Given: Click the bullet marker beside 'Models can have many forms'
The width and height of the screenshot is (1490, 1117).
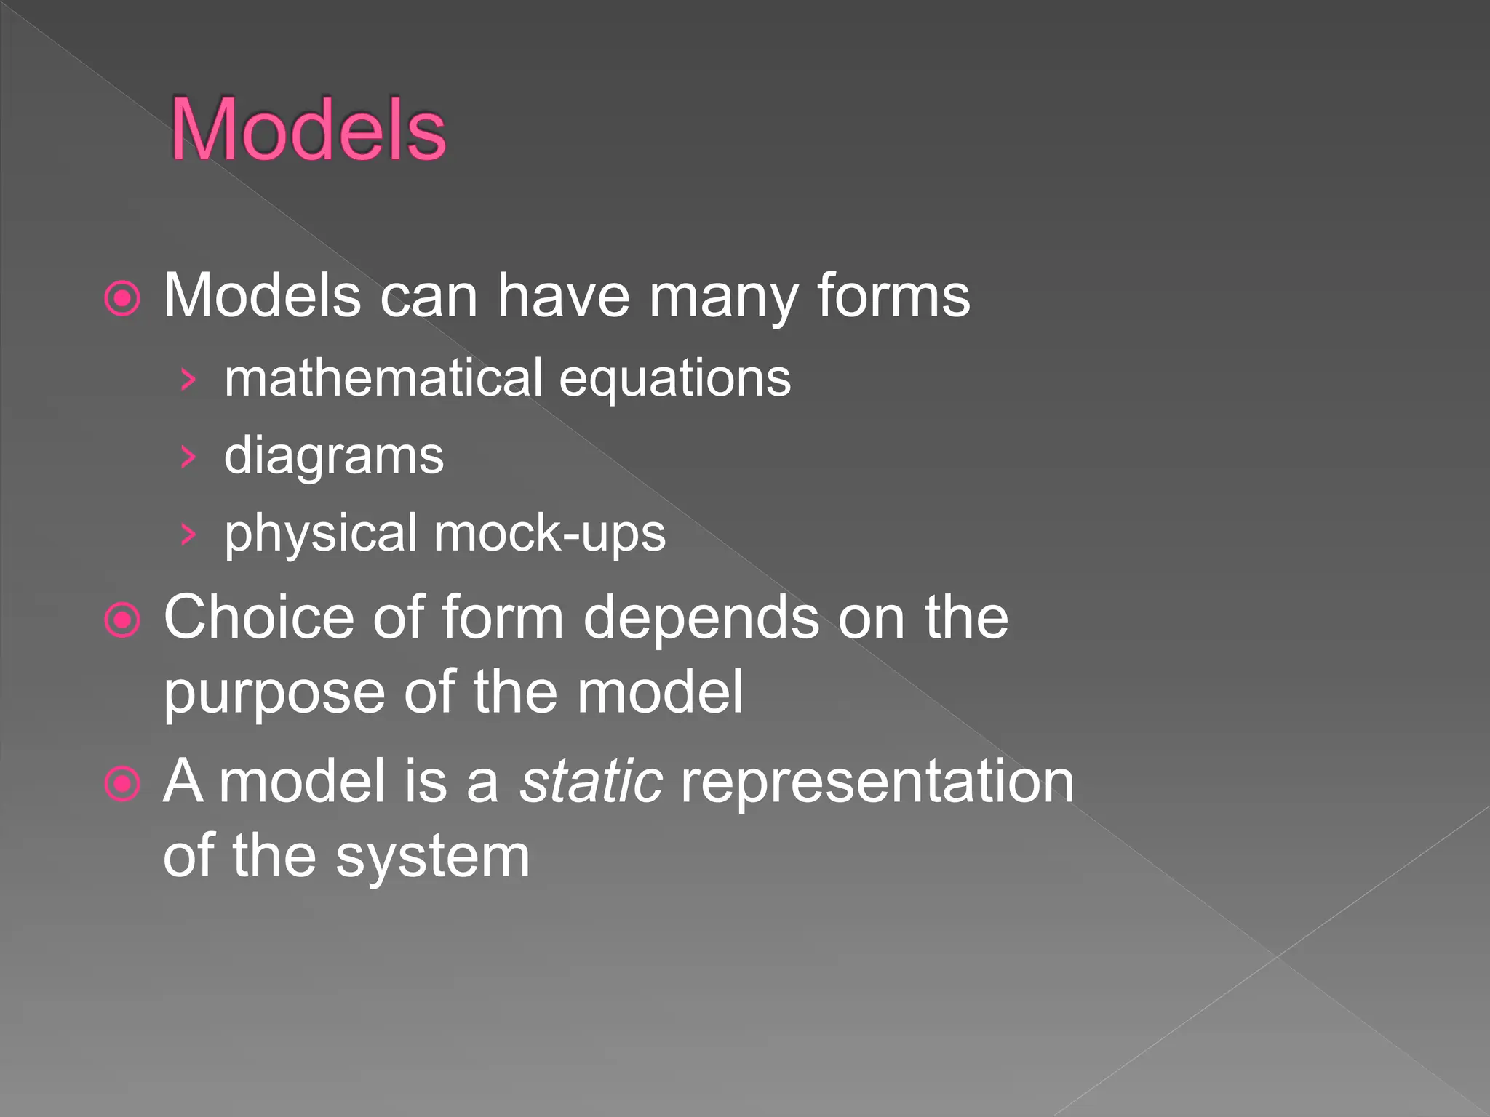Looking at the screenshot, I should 122,298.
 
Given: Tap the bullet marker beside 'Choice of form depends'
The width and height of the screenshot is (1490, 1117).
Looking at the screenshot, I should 122,620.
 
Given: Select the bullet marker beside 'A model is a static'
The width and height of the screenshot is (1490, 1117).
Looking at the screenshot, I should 122,784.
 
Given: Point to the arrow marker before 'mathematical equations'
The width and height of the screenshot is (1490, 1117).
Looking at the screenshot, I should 188,380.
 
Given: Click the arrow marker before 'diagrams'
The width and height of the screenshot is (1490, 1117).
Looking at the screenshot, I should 188,457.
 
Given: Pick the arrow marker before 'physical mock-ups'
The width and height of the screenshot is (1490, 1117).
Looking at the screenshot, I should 188,535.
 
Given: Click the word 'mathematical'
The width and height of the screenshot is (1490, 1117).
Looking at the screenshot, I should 383,378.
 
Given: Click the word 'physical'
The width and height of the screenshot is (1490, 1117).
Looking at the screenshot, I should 321,535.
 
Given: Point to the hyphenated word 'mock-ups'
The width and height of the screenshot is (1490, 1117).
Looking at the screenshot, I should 549,535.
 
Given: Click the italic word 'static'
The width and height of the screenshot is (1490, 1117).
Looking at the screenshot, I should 591,781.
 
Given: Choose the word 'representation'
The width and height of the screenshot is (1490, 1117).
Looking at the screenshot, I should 877,782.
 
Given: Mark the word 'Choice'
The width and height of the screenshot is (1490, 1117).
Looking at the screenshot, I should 258,617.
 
